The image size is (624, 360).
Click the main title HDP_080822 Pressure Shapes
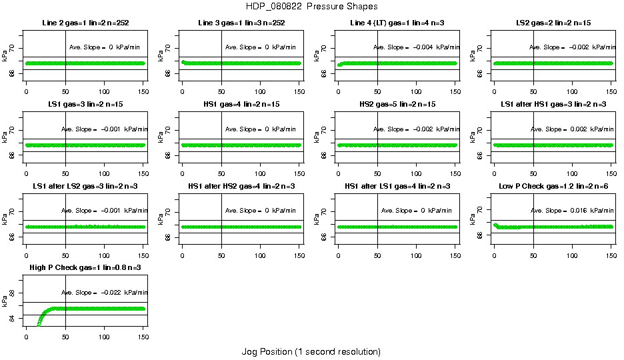tap(311, 7)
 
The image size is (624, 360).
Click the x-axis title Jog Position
tap(311, 351)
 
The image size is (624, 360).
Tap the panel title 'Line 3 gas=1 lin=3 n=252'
tap(241, 23)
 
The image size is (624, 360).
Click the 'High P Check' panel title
tap(85, 267)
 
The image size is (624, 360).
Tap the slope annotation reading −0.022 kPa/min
tap(105, 292)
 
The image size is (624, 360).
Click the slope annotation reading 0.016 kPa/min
tap(573, 211)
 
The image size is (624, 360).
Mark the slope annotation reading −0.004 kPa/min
tap(417, 47)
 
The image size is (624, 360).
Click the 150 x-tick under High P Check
tap(143, 337)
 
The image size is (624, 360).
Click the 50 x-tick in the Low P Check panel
tap(533, 256)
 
